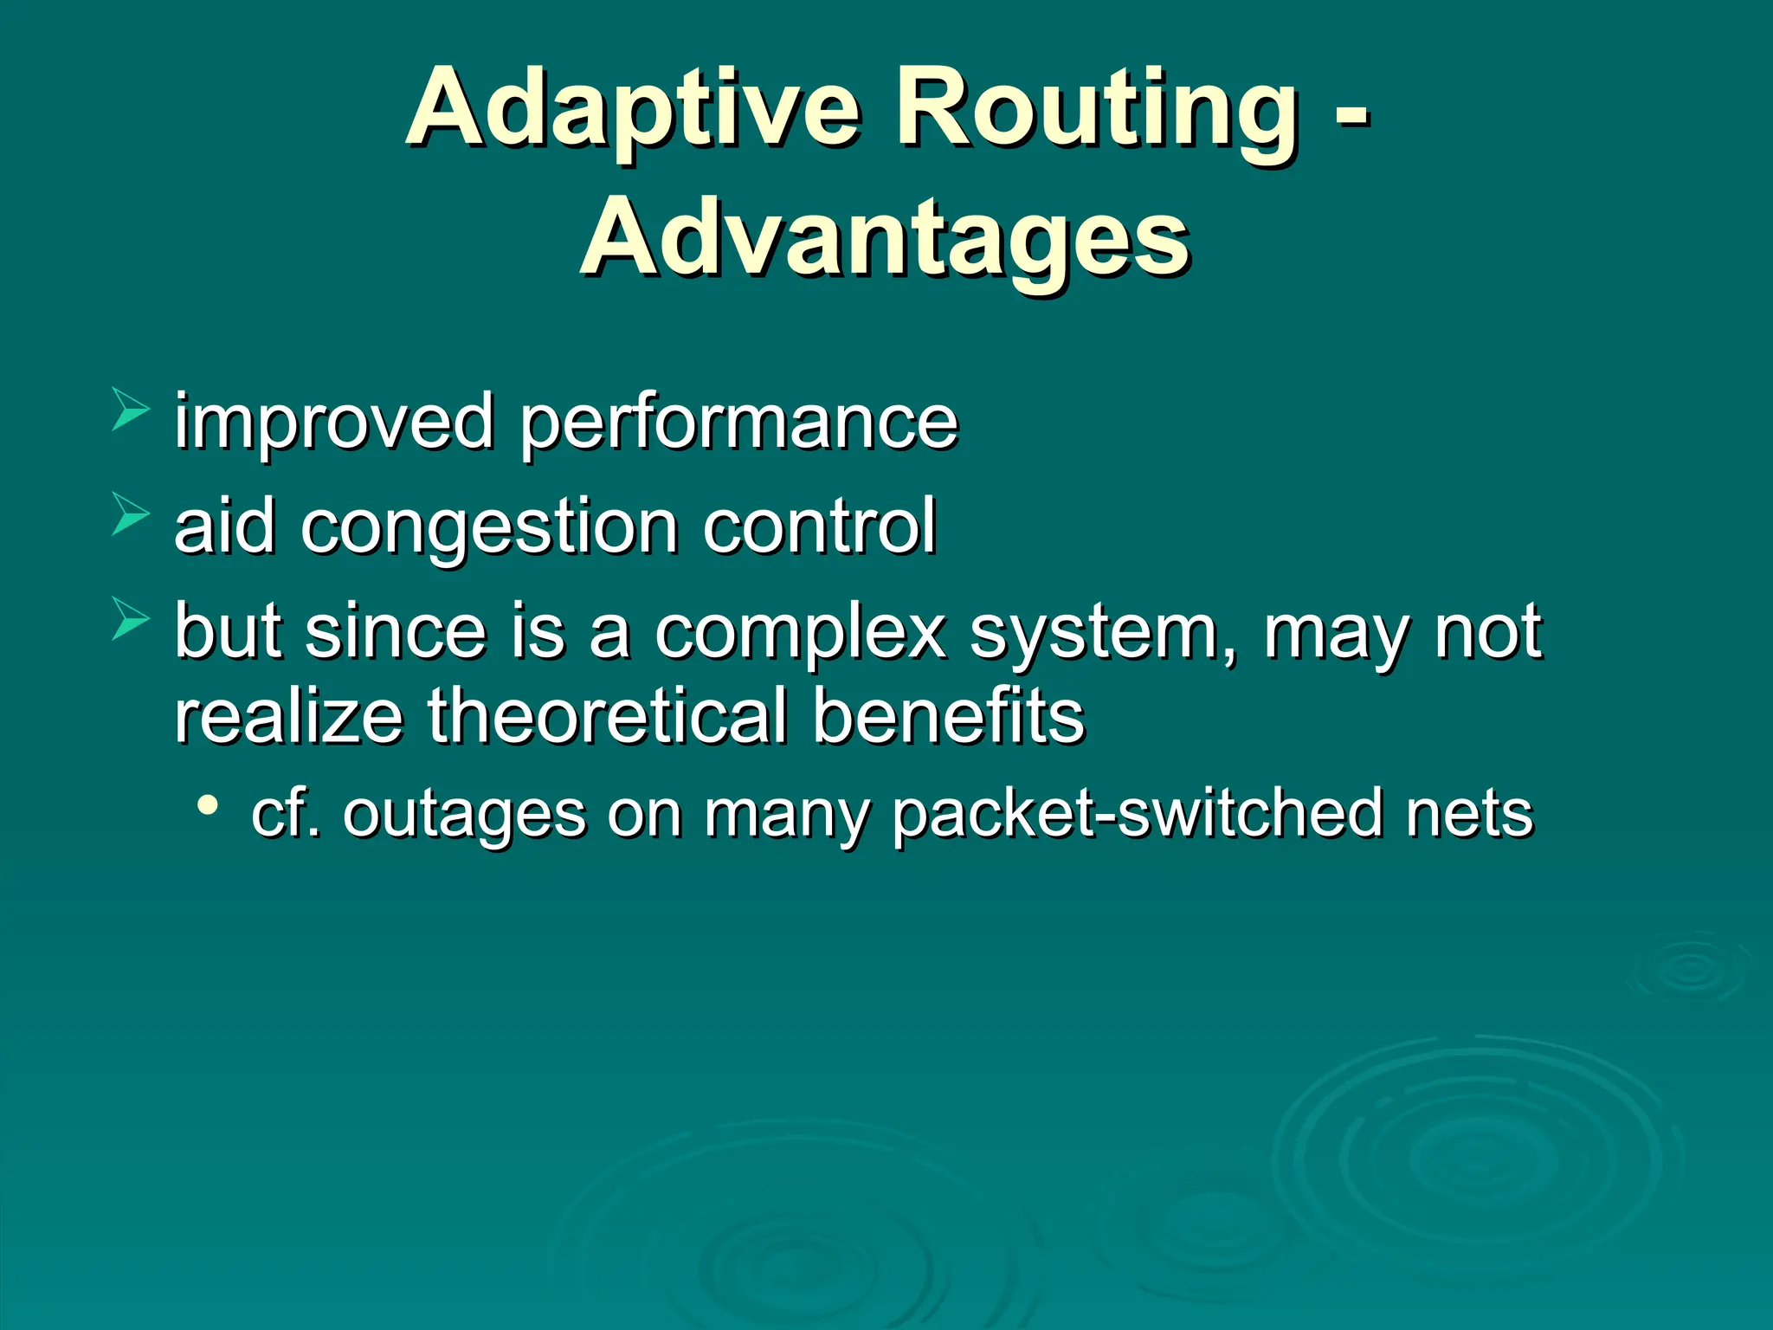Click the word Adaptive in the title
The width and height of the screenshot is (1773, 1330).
pyautogui.click(x=633, y=108)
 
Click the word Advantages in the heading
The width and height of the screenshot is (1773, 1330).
pyautogui.click(x=885, y=238)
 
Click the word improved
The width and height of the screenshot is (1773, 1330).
pyautogui.click(x=333, y=422)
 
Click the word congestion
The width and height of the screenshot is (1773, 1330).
pyautogui.click(x=489, y=526)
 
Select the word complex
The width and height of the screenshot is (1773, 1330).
pyautogui.click(x=800, y=632)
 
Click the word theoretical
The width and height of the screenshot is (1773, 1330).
pyautogui.click(x=608, y=717)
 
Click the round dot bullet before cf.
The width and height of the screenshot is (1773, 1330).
pyautogui.click(x=207, y=806)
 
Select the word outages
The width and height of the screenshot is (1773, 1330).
pyautogui.click(x=464, y=815)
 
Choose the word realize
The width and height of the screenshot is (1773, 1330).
pyautogui.click(x=288, y=717)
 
